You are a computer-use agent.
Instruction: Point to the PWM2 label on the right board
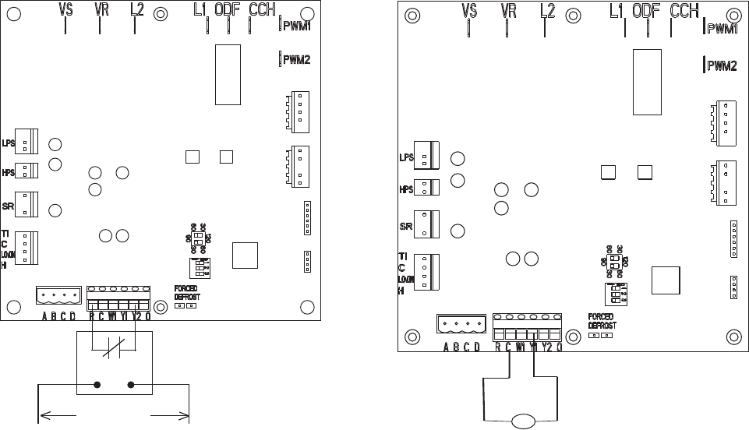coord(723,66)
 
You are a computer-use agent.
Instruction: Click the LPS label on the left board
coord(9,143)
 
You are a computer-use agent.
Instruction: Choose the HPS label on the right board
coord(405,189)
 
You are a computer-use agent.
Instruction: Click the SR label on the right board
coord(406,226)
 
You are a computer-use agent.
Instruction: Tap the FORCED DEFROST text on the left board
coord(185,292)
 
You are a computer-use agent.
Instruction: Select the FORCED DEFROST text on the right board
coord(602,321)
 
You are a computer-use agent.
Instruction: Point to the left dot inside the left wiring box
coord(98,385)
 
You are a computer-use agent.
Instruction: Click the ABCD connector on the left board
coord(58,296)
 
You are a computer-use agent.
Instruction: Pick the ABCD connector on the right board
coord(460,326)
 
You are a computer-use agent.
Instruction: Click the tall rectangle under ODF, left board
coord(228,74)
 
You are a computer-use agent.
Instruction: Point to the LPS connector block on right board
coord(426,154)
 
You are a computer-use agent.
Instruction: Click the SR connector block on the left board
coord(26,204)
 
